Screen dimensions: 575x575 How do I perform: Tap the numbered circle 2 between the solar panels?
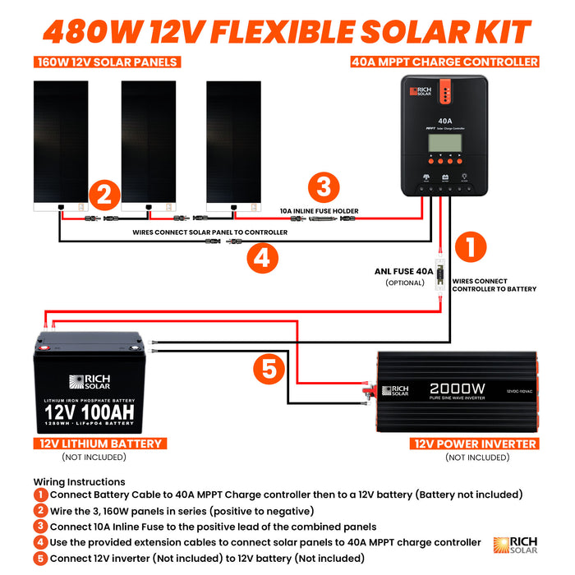coord(103,196)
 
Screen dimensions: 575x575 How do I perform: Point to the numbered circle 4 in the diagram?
coord(262,257)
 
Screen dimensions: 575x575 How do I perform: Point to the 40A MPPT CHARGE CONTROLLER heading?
coord(444,62)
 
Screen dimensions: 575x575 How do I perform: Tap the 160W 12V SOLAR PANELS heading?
coord(106,62)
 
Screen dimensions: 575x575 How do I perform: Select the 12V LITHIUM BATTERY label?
coord(101,444)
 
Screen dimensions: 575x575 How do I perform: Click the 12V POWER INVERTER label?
coord(475,444)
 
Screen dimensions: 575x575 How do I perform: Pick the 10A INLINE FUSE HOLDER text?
coord(320,211)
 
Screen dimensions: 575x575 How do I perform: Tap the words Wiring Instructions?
coord(80,481)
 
